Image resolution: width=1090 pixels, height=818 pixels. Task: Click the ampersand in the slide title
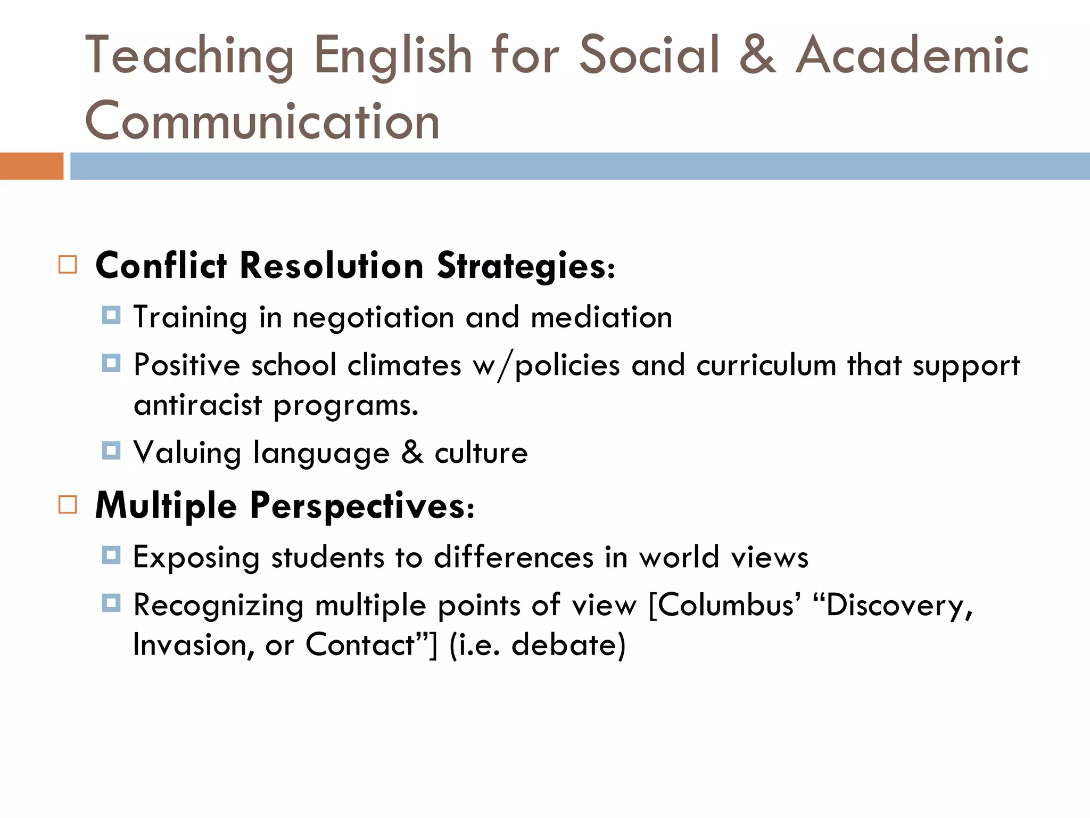point(757,55)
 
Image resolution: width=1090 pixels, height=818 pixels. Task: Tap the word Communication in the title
point(262,121)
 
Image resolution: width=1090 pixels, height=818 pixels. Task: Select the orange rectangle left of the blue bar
point(31,166)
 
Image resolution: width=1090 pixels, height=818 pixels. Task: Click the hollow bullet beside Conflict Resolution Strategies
point(68,265)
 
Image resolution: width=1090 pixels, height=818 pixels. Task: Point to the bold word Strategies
point(526,266)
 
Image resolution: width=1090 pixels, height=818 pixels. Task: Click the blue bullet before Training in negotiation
point(111,315)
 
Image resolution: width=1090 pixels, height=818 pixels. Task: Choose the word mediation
point(601,317)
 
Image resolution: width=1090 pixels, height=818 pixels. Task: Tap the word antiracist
point(198,405)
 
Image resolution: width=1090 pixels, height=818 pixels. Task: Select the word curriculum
point(766,365)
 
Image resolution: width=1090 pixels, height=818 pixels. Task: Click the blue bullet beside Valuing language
point(111,451)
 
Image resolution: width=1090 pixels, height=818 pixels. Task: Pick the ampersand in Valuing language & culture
point(412,453)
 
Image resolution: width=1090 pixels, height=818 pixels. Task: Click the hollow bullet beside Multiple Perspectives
point(68,504)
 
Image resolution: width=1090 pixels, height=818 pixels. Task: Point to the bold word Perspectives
point(362,506)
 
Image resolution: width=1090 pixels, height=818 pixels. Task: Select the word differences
point(514,558)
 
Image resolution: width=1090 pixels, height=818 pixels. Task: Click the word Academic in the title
point(912,55)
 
